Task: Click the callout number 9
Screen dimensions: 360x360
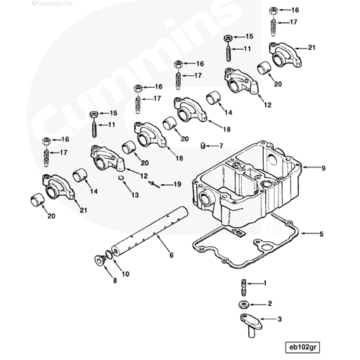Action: click(x=323, y=168)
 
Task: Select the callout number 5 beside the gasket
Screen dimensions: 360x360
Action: click(x=321, y=233)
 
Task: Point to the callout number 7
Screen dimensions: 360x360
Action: click(x=221, y=146)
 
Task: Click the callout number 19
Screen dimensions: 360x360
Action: click(x=178, y=184)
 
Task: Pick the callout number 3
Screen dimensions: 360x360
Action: click(x=281, y=319)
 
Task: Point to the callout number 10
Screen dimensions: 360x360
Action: click(x=126, y=274)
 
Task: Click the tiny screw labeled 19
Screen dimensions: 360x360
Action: click(x=153, y=182)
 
